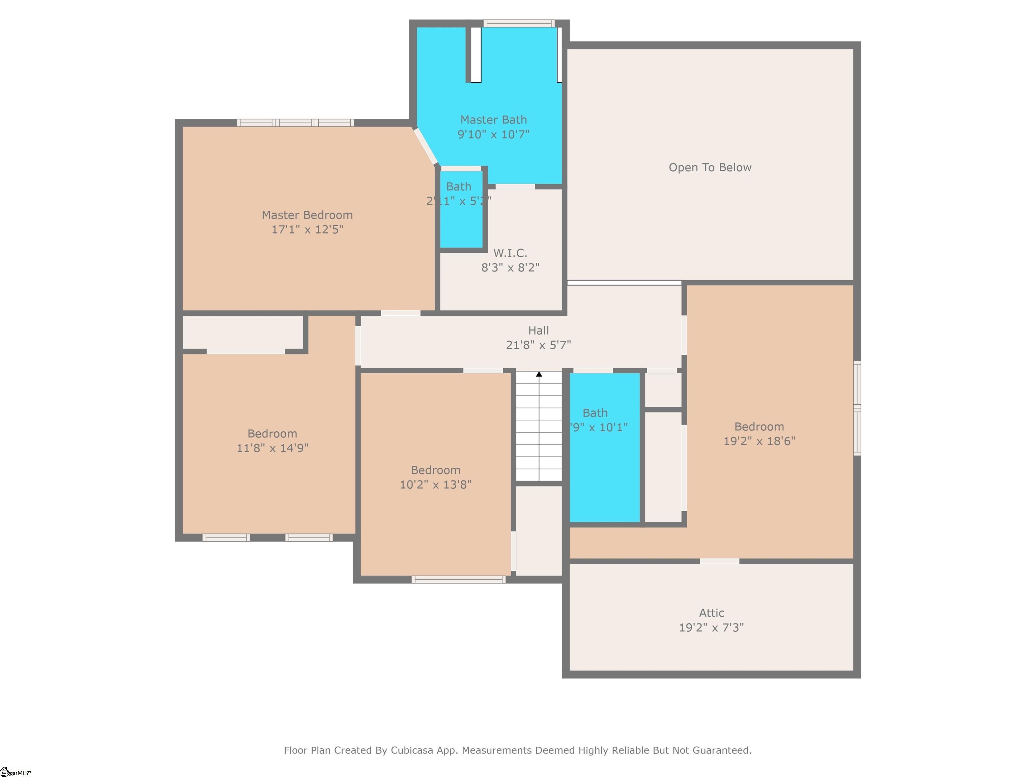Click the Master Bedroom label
point(307,215)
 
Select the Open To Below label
point(710,168)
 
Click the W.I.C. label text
point(510,253)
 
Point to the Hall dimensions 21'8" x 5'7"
point(538,345)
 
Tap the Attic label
point(712,613)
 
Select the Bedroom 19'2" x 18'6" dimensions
point(759,441)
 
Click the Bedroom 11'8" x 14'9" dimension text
point(272,448)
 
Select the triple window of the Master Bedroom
point(295,123)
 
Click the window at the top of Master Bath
point(519,23)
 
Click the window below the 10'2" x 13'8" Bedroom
point(459,580)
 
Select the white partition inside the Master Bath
point(476,55)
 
